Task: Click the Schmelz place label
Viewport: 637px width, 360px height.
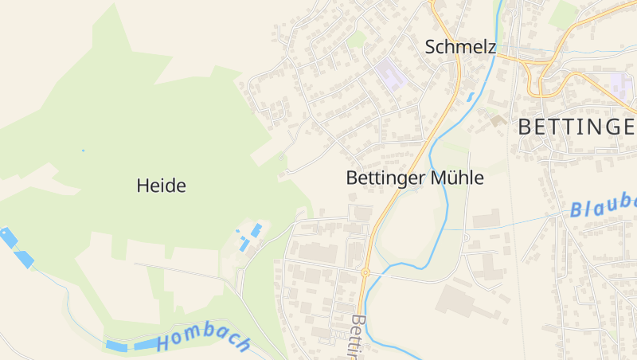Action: (460, 47)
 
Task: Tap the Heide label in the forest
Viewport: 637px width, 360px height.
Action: (161, 186)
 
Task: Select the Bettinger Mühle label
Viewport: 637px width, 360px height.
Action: (415, 178)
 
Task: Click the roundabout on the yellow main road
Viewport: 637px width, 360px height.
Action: (365, 272)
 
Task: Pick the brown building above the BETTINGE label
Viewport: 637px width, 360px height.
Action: (498, 120)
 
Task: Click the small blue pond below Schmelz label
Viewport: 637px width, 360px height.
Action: (471, 97)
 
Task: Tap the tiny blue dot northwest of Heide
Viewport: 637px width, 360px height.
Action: (83, 150)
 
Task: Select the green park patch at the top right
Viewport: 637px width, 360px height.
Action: (565, 14)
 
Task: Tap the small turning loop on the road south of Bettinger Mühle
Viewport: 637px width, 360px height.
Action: (301, 213)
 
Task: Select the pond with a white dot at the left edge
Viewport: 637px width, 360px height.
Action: (8, 237)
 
